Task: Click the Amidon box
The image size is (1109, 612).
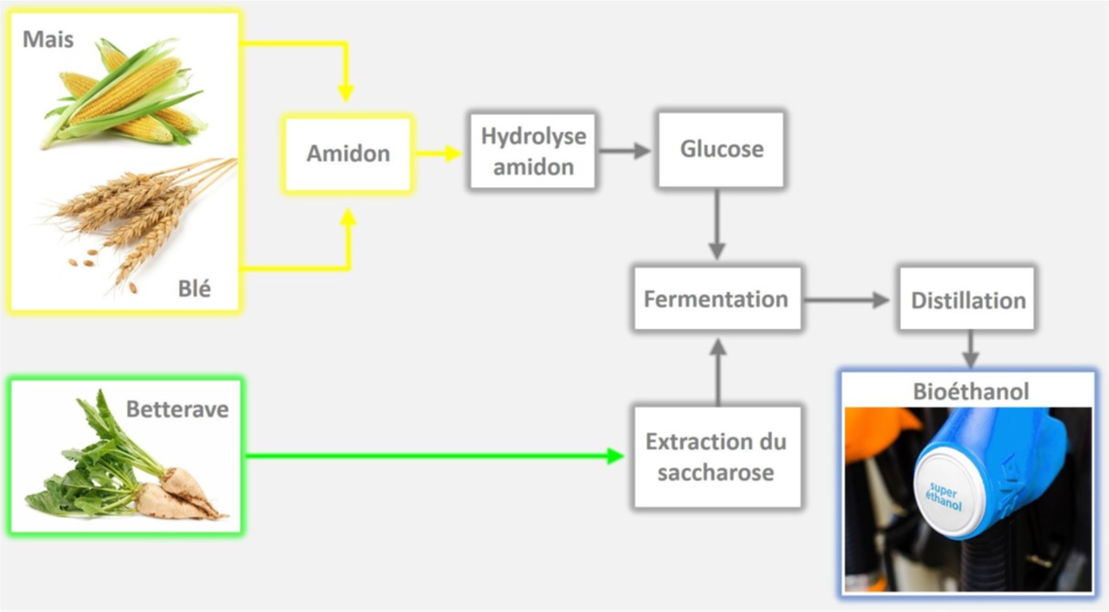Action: (348, 153)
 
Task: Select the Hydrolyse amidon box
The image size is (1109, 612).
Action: (534, 150)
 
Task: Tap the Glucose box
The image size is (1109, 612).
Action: (721, 150)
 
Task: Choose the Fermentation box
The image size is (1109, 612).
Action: (717, 298)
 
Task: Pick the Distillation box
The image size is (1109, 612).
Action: (968, 299)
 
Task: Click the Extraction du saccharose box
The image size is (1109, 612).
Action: (717, 457)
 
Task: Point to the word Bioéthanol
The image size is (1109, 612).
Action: (971, 391)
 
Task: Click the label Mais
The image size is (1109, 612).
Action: (48, 39)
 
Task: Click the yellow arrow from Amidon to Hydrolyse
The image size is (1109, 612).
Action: (438, 152)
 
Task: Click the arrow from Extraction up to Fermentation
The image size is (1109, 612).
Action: (717, 370)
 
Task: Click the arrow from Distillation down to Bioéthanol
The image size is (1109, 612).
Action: (970, 348)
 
